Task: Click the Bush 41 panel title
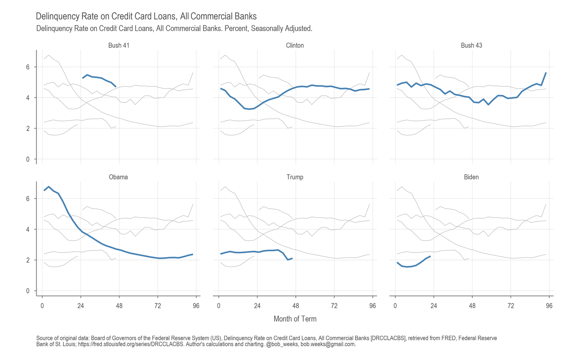pyautogui.click(x=119, y=46)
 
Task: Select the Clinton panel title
pyautogui.click(x=295, y=46)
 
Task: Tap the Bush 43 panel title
pyautogui.click(x=471, y=46)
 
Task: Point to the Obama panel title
pyautogui.click(x=118, y=177)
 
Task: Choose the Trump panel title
pyautogui.click(x=295, y=177)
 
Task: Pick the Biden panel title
pyautogui.click(x=471, y=177)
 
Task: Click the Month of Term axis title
pyautogui.click(x=295, y=319)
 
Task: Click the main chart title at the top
pyautogui.click(x=146, y=16)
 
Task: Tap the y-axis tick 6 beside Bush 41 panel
pyautogui.click(x=28, y=67)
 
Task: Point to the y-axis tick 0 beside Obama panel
pyautogui.click(x=28, y=291)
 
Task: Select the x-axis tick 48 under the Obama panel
pyautogui.click(x=119, y=306)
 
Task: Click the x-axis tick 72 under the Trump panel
pyautogui.click(x=334, y=306)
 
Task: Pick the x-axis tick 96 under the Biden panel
pyautogui.click(x=549, y=306)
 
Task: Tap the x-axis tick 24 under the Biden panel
pyautogui.click(x=434, y=306)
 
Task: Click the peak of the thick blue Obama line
pyautogui.click(x=49, y=187)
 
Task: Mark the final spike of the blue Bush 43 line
pyautogui.click(x=546, y=73)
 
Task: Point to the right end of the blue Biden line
pyautogui.click(x=430, y=256)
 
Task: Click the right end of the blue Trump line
pyautogui.click(x=292, y=258)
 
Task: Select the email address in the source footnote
pyautogui.click(x=328, y=344)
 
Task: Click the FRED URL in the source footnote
pyautogui.click(x=131, y=344)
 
